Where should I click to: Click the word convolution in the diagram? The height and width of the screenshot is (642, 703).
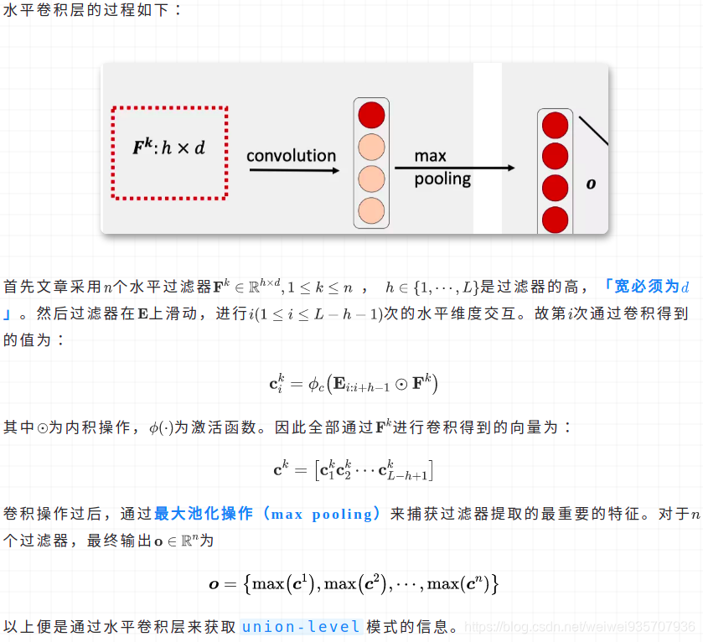tap(291, 156)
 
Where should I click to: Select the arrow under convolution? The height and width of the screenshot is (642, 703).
tap(293, 170)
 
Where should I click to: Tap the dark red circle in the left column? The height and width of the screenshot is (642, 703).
tap(371, 115)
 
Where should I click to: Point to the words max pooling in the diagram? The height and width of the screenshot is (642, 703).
tap(442, 167)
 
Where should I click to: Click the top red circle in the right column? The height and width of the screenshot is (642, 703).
tap(555, 126)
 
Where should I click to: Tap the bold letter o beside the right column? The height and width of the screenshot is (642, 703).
tap(591, 183)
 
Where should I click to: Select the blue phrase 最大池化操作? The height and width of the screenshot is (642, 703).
tap(203, 514)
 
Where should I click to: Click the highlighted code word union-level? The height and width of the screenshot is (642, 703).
tap(301, 626)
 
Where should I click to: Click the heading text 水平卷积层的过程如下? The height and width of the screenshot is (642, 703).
tap(92, 13)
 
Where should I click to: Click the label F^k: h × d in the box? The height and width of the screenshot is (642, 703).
tap(169, 148)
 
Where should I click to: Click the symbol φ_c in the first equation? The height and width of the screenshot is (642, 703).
tap(309, 385)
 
